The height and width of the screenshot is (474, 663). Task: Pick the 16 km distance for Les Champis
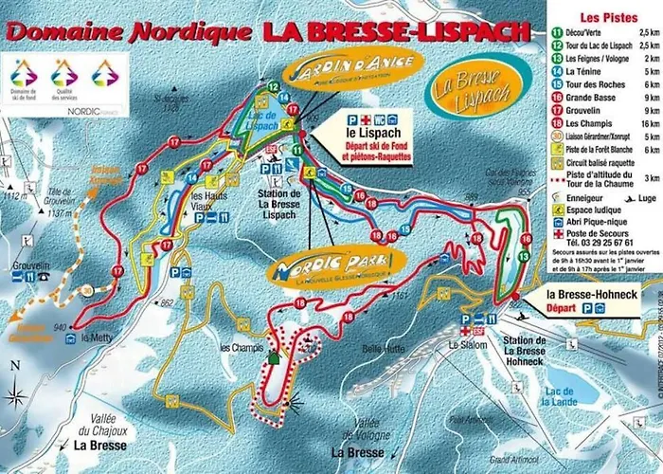pyautogui.click(x=649, y=122)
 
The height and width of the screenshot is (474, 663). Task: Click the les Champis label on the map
pyautogui.click(x=241, y=348)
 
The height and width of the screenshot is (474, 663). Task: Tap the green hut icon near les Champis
pyautogui.click(x=274, y=357)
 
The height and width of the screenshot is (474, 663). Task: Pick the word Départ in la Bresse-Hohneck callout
pyautogui.click(x=564, y=308)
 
